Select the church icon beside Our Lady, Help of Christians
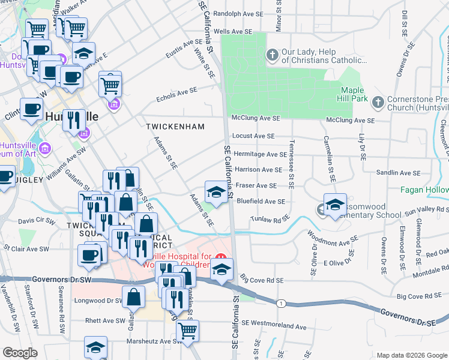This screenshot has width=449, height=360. click(x=272, y=56)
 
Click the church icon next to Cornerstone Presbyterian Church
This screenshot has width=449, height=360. click(x=378, y=102)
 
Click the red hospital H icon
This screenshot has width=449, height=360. click(x=223, y=257)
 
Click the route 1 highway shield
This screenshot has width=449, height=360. click(x=281, y=304)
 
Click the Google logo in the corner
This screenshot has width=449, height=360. click(x=20, y=352)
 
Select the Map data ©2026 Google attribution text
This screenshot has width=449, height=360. click(x=411, y=355)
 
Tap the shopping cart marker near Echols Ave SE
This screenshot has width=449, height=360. click(x=110, y=85)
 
